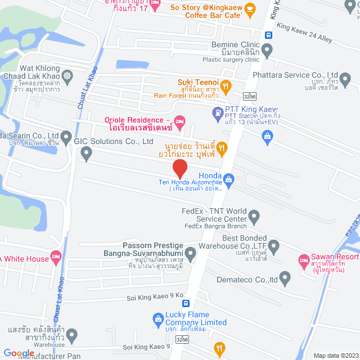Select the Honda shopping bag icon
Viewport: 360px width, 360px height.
pos(228,179)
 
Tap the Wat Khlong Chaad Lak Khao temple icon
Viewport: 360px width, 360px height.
pos(67,75)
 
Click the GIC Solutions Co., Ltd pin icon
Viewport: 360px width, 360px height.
pos(86,152)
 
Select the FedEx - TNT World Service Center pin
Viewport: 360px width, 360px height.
pos(254,215)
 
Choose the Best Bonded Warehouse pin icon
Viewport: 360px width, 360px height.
pos(274,246)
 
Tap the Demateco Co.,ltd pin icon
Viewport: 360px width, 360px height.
pos(285,278)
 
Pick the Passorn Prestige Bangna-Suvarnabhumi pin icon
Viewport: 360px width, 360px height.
pos(191,255)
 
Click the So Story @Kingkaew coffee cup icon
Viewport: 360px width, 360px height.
pos(250,9)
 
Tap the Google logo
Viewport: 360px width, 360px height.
pos(19,353)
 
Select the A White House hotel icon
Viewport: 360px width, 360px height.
pos(56,258)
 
